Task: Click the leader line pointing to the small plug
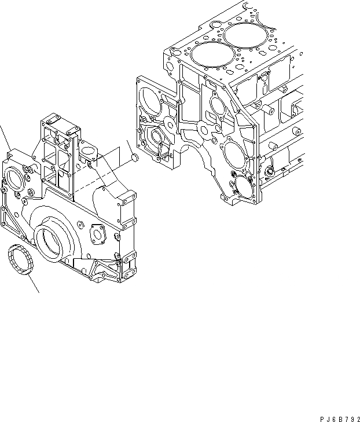click(130, 144)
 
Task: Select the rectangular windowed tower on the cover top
click(58, 151)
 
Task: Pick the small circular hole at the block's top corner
click(216, 25)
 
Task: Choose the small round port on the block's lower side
click(268, 172)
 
